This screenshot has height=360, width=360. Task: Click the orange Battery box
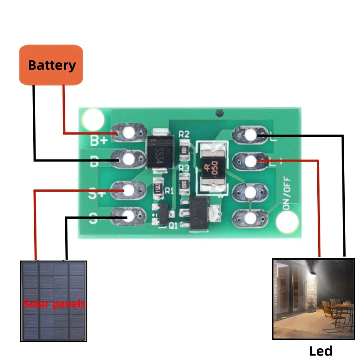click(51, 65)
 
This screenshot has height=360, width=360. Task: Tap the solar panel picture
click(54, 301)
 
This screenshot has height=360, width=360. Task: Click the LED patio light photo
click(313, 299)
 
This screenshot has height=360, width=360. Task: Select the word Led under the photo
click(321, 351)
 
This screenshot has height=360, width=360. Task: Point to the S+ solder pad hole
click(129, 190)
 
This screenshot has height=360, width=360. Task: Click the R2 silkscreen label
click(184, 134)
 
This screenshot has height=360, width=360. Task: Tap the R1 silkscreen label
click(169, 190)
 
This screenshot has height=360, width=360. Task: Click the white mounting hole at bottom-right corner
click(287, 221)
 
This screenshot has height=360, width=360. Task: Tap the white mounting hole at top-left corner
click(94, 120)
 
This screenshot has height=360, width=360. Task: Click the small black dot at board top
click(219, 112)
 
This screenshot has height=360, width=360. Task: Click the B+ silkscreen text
click(99, 140)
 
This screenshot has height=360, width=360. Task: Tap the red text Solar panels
click(54, 304)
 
